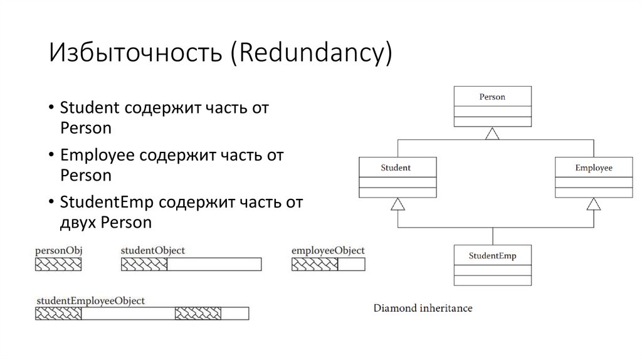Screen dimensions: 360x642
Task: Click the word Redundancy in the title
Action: click(310, 53)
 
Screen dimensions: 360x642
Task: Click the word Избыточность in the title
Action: click(136, 53)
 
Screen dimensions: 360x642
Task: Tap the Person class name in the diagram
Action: click(492, 97)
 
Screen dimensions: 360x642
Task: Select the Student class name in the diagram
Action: click(396, 167)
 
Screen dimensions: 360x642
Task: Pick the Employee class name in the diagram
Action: click(594, 167)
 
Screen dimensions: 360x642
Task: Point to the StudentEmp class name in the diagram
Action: click(492, 255)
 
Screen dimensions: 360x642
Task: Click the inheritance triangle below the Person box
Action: click(493, 133)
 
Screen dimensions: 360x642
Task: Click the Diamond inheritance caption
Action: click(423, 308)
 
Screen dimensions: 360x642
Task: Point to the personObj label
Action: click(59, 250)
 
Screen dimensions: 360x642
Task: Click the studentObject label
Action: click(153, 250)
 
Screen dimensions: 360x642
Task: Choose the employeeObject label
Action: click(328, 250)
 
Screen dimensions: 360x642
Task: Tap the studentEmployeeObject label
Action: click(90, 300)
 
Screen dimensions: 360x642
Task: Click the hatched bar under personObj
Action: click(58, 264)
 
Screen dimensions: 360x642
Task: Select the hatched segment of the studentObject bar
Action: click(144, 264)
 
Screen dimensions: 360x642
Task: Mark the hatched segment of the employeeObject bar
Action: click(315, 264)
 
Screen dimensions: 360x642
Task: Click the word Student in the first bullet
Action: click(90, 108)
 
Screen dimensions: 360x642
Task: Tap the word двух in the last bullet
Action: click(78, 223)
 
